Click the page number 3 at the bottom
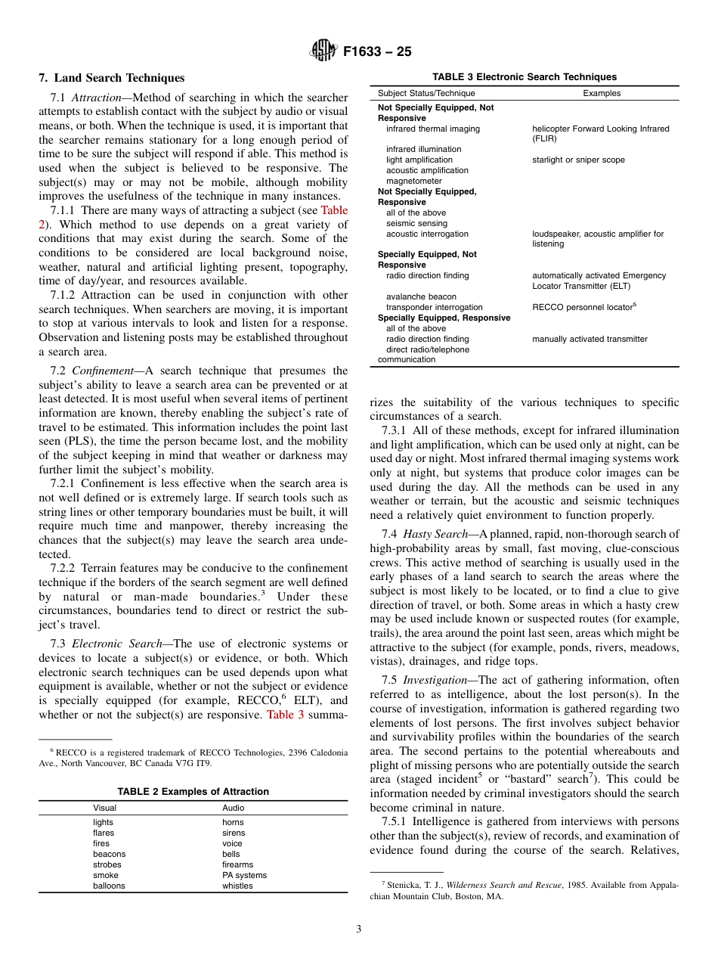[x=359, y=929]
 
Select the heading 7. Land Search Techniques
[x=111, y=78]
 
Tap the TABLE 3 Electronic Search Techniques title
[x=524, y=77]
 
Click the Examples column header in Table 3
[x=602, y=94]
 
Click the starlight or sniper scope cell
[x=578, y=160]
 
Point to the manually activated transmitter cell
[x=590, y=339]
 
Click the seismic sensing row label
[x=416, y=223]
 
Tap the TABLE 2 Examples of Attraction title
[x=193, y=792]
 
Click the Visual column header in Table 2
[x=104, y=808]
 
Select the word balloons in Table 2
[x=109, y=886]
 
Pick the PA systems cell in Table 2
[x=244, y=875]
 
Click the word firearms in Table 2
[x=237, y=864]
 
